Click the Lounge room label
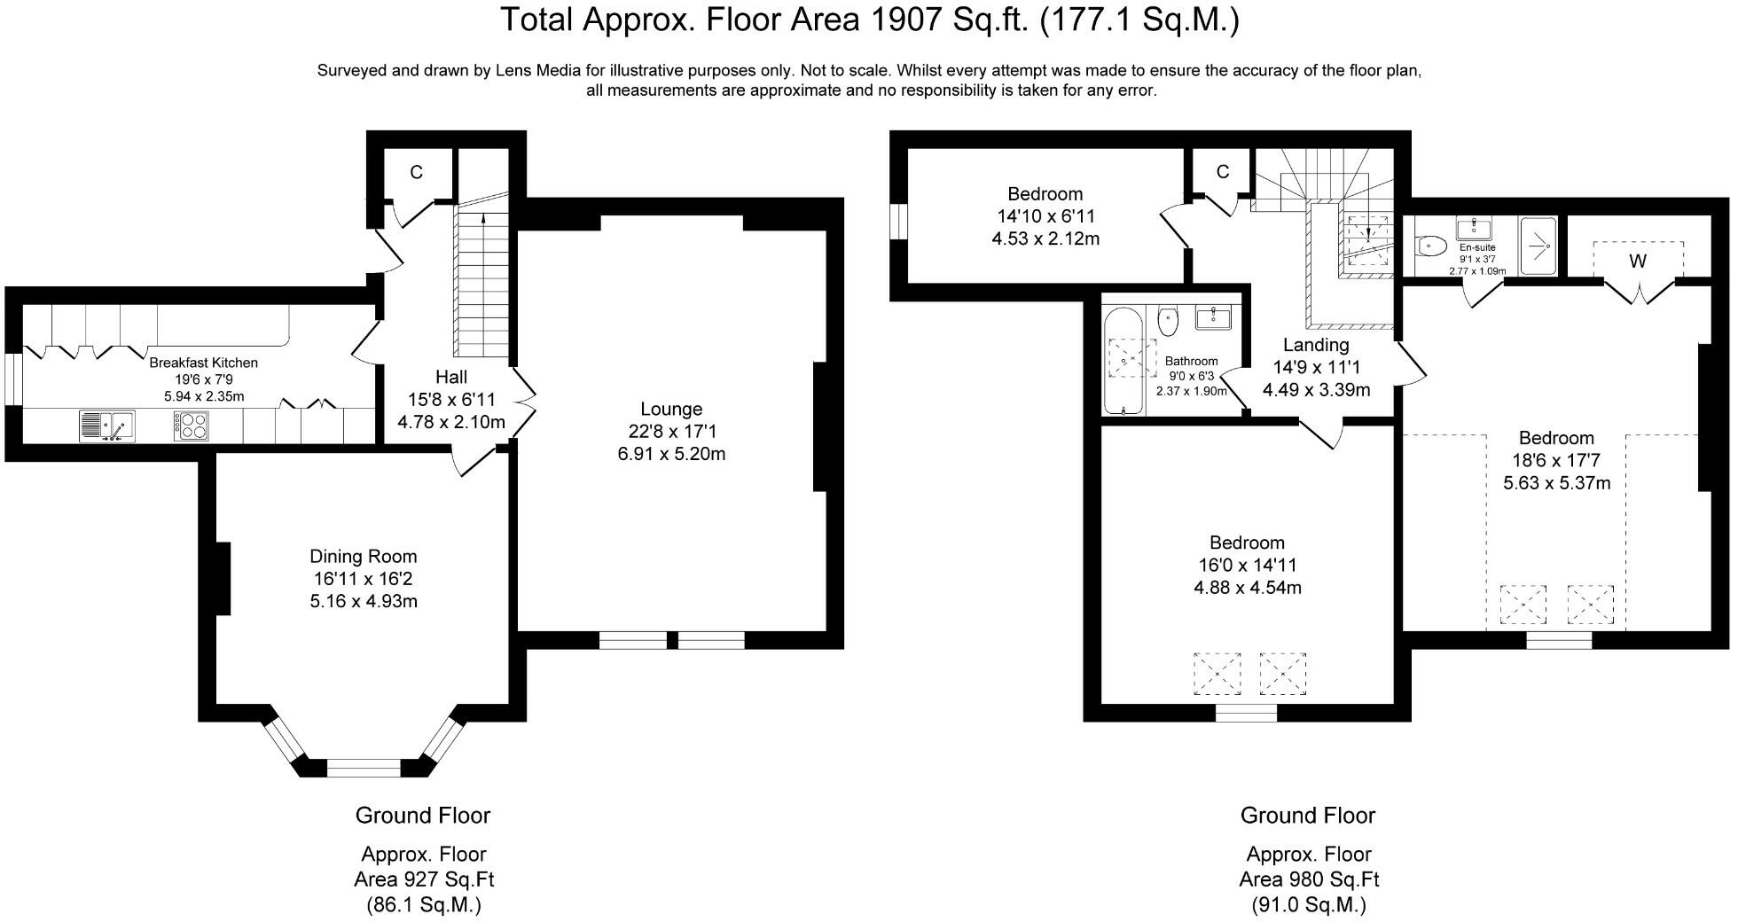tap(671, 409)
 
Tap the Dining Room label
tap(363, 557)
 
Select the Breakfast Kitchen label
tap(203, 363)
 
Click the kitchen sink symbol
tap(106, 426)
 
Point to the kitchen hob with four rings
tap(192, 426)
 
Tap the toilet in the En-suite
tap(1431, 246)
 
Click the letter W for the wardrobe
tap(1638, 261)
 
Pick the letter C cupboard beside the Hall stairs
tap(416, 172)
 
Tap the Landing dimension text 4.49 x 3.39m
tap(1316, 390)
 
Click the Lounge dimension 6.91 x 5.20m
tap(671, 454)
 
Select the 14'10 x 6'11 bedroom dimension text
tap(1045, 216)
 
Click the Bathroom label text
tap(1191, 361)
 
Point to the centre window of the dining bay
tap(364, 767)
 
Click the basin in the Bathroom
tap(1213, 317)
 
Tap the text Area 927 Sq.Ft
tap(424, 879)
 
